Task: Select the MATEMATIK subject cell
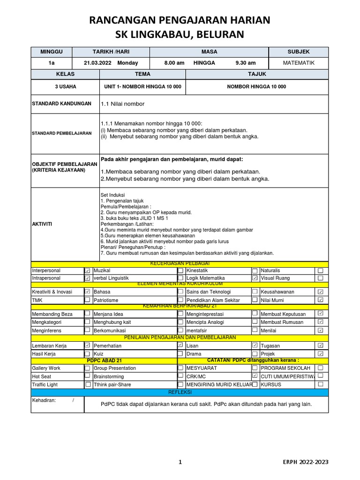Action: pyautogui.click(x=299, y=63)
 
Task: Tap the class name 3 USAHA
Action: pyautogui.click(x=66, y=87)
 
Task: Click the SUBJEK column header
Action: pyautogui.click(x=299, y=52)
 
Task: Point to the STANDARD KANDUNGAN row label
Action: pyautogui.click(x=61, y=104)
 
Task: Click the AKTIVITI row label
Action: pyautogui.click(x=42, y=224)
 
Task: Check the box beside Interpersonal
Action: pyautogui.click(x=87, y=271)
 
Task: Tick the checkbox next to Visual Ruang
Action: pyautogui.click(x=320, y=278)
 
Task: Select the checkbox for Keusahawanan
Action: pyautogui.click(x=320, y=292)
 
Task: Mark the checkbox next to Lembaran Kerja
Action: pyautogui.click(x=87, y=345)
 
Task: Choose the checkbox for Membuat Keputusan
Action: pyautogui.click(x=320, y=313)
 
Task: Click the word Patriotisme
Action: pyautogui.click(x=106, y=300)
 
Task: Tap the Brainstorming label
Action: pyautogui.click(x=109, y=376)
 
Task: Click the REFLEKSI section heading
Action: pyautogui.click(x=180, y=392)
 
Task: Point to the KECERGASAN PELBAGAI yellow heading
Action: pyautogui.click(x=180, y=264)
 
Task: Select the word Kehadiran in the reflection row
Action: pyautogui.click(x=44, y=400)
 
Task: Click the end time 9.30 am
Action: pyautogui.click(x=246, y=63)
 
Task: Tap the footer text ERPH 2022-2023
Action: pyautogui.click(x=305, y=462)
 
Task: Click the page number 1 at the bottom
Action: pyautogui.click(x=180, y=462)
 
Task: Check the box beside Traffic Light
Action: pyautogui.click(x=88, y=384)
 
